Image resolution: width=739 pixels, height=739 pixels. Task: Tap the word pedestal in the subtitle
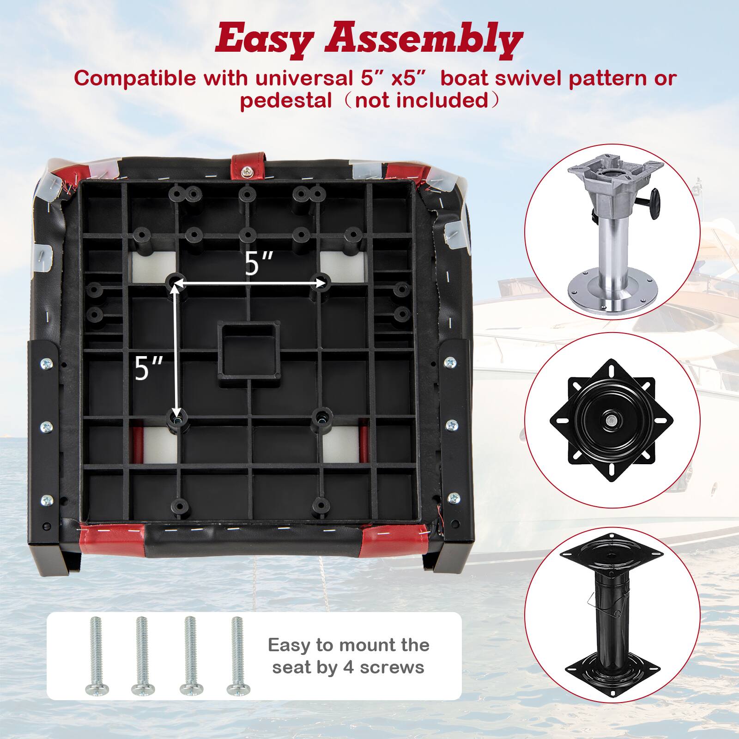[285, 100]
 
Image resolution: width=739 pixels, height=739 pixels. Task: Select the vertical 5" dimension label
[149, 368]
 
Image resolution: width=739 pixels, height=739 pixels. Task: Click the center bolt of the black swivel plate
[611, 419]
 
